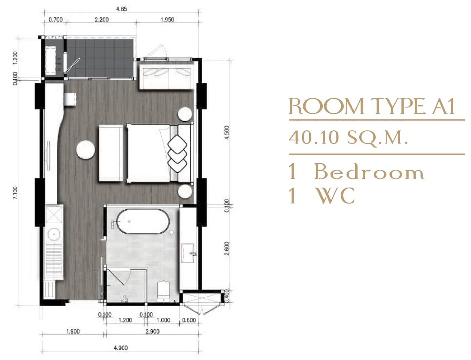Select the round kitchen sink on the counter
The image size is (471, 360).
tap(54, 234)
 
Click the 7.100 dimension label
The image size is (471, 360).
tap(15, 193)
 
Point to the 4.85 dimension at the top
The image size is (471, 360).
tap(121, 9)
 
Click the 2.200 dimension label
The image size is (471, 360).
tap(102, 20)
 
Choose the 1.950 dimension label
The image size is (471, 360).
tap(167, 20)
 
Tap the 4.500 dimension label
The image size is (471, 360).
tap(227, 132)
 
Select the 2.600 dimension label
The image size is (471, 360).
tap(227, 248)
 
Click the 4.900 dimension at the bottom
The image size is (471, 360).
tap(121, 348)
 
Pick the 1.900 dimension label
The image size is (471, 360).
tap(73, 331)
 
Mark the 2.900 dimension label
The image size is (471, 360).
tap(152, 331)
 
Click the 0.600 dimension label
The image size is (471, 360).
tap(189, 320)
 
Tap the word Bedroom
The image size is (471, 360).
tap(369, 172)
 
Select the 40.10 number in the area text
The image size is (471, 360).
tap(314, 137)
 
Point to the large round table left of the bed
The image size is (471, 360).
tap(85, 149)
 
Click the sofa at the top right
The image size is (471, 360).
tap(165, 75)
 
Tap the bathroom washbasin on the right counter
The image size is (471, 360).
tap(188, 253)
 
